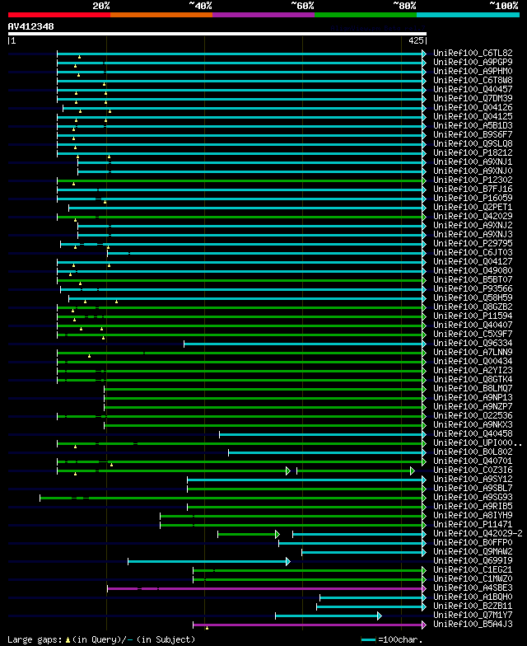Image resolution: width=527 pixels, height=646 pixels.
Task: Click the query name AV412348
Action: [x=31, y=26]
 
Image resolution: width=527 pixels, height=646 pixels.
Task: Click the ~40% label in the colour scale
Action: [x=200, y=5]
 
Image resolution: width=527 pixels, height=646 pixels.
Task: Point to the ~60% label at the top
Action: [x=302, y=5]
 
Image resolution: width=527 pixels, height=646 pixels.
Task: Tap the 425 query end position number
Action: [x=416, y=40]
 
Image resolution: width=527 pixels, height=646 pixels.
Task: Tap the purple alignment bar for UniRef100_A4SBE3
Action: [x=263, y=588]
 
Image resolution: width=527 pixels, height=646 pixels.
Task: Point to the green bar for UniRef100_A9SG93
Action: [x=231, y=498]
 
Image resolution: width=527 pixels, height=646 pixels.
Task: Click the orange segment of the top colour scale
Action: [x=161, y=14]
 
